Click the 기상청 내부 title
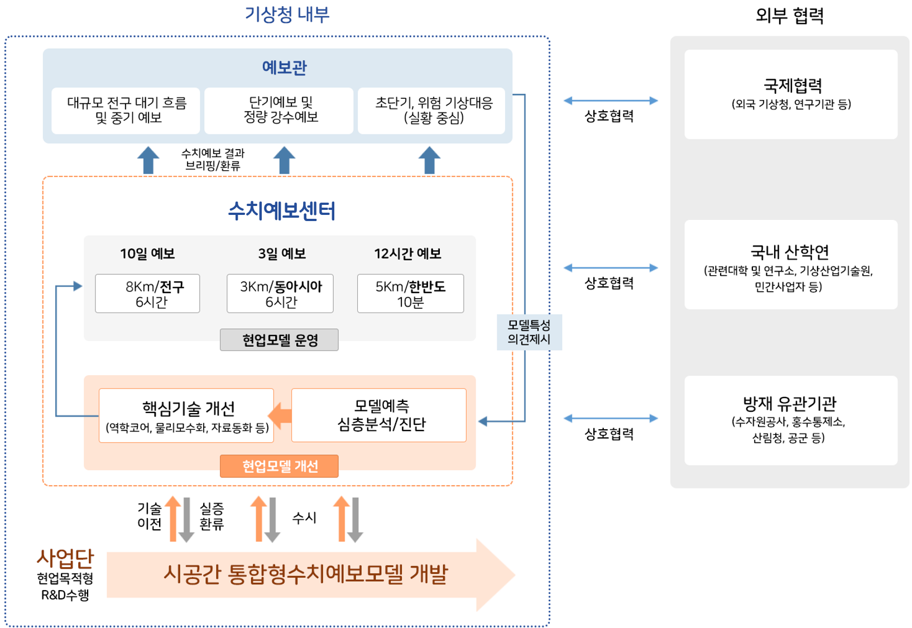pyautogui.click(x=287, y=14)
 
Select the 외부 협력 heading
pyautogui.click(x=789, y=15)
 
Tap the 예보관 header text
pyautogui.click(x=284, y=68)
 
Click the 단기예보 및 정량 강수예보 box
pyautogui.click(x=279, y=110)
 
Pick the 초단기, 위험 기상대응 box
pyautogui.click(x=431, y=110)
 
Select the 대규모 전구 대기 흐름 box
pyautogui.click(x=126, y=110)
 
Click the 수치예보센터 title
pyautogui.click(x=281, y=210)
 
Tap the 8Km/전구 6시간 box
pyautogui.click(x=147, y=294)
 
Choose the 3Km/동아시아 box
pyautogui.click(x=280, y=294)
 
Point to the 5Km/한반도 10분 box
pyautogui.click(x=410, y=294)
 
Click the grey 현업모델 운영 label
pyautogui.click(x=279, y=339)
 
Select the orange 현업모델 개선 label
pyautogui.click(x=279, y=466)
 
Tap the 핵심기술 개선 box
pyautogui.click(x=186, y=416)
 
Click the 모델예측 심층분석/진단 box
pyautogui.click(x=379, y=415)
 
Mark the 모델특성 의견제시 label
pyautogui.click(x=529, y=332)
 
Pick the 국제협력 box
pyautogui.click(x=791, y=94)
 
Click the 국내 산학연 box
pyautogui.click(x=791, y=265)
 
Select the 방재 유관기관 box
pyautogui.click(x=791, y=420)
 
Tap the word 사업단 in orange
pyautogui.click(x=65, y=558)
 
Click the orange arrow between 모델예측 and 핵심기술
pyautogui.click(x=281, y=416)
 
